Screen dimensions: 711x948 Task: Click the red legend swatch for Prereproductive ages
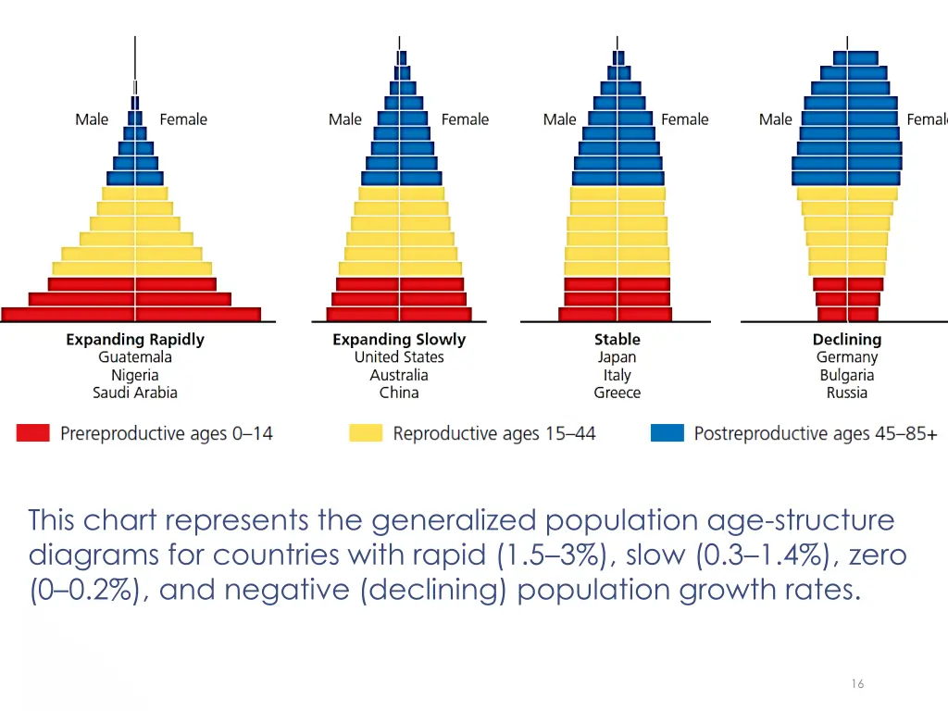coord(32,432)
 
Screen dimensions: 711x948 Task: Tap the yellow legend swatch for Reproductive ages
coord(366,432)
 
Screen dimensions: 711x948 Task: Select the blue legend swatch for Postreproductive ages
coord(667,432)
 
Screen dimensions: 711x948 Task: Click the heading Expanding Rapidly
coord(135,340)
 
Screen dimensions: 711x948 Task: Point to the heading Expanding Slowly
coord(399,340)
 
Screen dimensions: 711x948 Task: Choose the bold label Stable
coord(617,340)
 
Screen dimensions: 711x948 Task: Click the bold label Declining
coord(847,340)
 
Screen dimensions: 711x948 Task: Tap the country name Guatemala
coord(135,357)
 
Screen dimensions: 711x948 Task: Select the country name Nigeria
coord(135,375)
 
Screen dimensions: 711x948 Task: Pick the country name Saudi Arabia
coord(135,393)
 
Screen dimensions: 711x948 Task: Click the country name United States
coord(399,357)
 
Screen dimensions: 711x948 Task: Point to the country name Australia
coord(399,375)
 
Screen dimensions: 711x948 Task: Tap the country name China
coord(399,393)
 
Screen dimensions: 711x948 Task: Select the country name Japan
coord(617,357)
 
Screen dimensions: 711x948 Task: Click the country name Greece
coord(617,393)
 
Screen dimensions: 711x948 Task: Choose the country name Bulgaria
coord(847,375)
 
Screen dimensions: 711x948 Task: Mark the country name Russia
coord(847,393)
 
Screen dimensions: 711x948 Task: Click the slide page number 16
coord(857,683)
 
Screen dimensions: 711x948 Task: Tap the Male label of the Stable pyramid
coord(559,119)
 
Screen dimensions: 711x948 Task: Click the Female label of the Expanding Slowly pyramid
coord(465,119)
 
